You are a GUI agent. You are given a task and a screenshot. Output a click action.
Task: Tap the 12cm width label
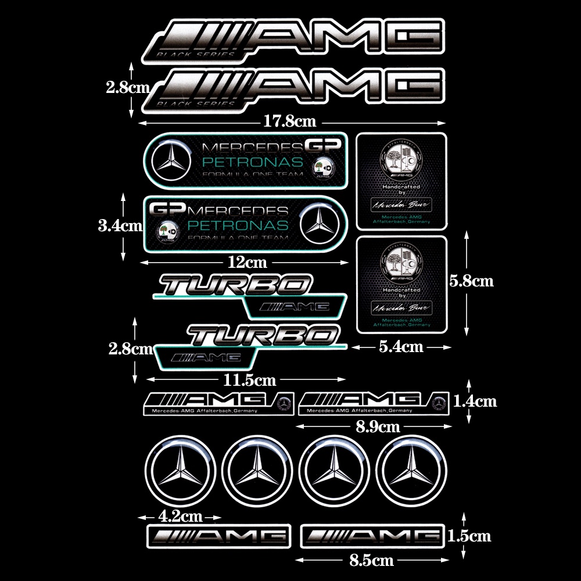(247, 262)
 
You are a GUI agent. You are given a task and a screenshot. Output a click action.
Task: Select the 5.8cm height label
(471, 281)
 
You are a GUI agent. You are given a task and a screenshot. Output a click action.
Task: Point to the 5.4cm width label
(401, 347)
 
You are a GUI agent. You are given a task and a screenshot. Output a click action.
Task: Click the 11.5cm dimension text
(250, 381)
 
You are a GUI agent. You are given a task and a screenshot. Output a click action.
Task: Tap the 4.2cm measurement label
(180, 515)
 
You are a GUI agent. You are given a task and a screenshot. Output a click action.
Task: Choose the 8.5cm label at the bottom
(372, 561)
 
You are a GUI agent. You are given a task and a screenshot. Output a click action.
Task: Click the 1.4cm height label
(475, 401)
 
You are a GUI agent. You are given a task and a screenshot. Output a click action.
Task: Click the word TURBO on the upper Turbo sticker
(235, 285)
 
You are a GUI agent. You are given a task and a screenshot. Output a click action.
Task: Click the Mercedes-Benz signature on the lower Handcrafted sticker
(401, 307)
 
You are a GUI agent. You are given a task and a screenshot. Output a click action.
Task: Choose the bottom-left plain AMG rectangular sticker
(218, 536)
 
